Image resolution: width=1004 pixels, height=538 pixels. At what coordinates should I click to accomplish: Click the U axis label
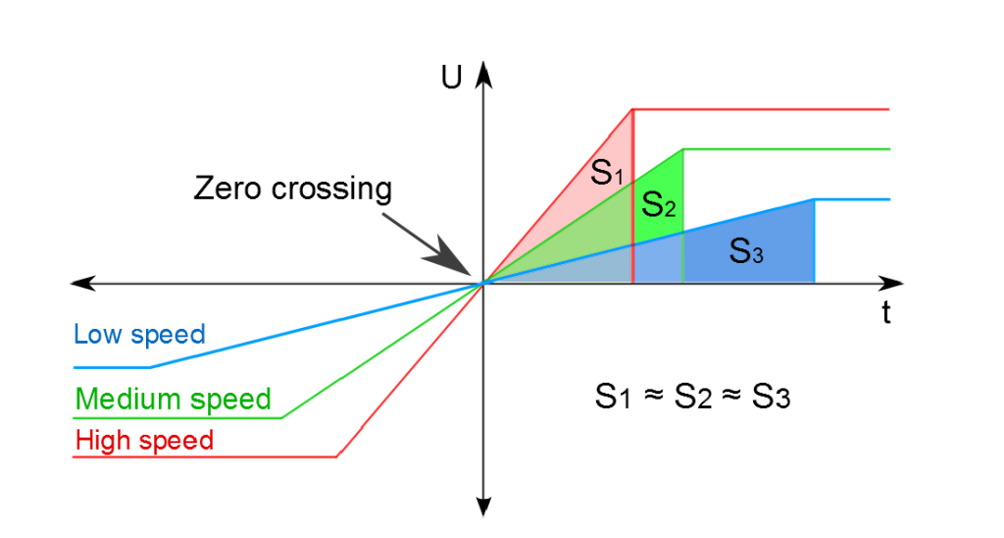point(451,78)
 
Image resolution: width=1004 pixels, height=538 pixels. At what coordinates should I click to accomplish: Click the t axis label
point(886,312)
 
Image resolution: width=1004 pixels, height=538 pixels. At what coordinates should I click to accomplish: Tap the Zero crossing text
point(292,188)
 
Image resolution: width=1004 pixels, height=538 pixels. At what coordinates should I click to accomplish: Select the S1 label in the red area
point(606,173)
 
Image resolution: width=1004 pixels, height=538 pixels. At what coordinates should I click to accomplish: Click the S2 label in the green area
point(658,204)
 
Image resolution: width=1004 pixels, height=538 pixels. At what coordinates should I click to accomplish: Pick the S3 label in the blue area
point(746,250)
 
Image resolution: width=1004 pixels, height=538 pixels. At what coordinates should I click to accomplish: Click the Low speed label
point(139,335)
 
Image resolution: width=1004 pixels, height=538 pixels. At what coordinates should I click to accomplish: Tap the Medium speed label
point(174,399)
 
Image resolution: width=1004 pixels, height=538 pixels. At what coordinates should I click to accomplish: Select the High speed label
point(144,441)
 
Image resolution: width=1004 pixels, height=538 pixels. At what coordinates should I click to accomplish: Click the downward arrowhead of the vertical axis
point(484,507)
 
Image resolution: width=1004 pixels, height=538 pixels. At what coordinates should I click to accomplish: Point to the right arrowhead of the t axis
point(893,283)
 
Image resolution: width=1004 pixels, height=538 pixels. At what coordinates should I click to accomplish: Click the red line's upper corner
point(632,110)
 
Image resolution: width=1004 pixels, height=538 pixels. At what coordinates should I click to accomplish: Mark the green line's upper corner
point(683,149)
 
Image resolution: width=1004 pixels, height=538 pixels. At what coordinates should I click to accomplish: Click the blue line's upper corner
point(814,199)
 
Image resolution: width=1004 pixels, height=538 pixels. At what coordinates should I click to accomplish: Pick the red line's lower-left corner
point(337,457)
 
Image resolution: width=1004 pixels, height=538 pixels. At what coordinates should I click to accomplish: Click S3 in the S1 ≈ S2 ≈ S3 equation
point(771,397)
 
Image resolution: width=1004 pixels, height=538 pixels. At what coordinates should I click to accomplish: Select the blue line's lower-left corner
point(150,367)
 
